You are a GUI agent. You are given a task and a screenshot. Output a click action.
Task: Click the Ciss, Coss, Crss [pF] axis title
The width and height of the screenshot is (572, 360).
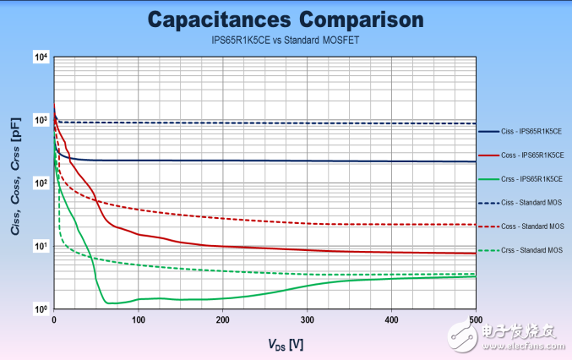tap(16, 183)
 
